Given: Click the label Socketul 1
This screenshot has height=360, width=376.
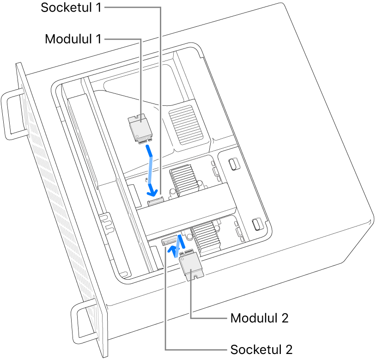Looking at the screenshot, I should [x=71, y=8].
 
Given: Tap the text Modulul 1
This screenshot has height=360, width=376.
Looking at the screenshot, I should [x=73, y=39].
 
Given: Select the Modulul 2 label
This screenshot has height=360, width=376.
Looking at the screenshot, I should [x=259, y=318].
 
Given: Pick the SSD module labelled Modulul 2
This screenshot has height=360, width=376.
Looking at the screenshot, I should [x=190, y=267].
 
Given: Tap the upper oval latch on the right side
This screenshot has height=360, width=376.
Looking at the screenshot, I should [x=233, y=164].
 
